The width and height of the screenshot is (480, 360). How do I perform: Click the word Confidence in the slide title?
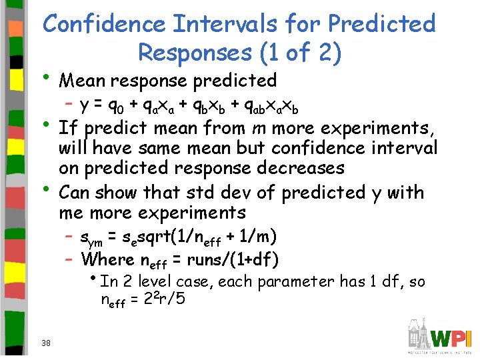click(102, 24)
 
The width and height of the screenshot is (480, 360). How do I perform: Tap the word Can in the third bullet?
click(75, 193)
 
